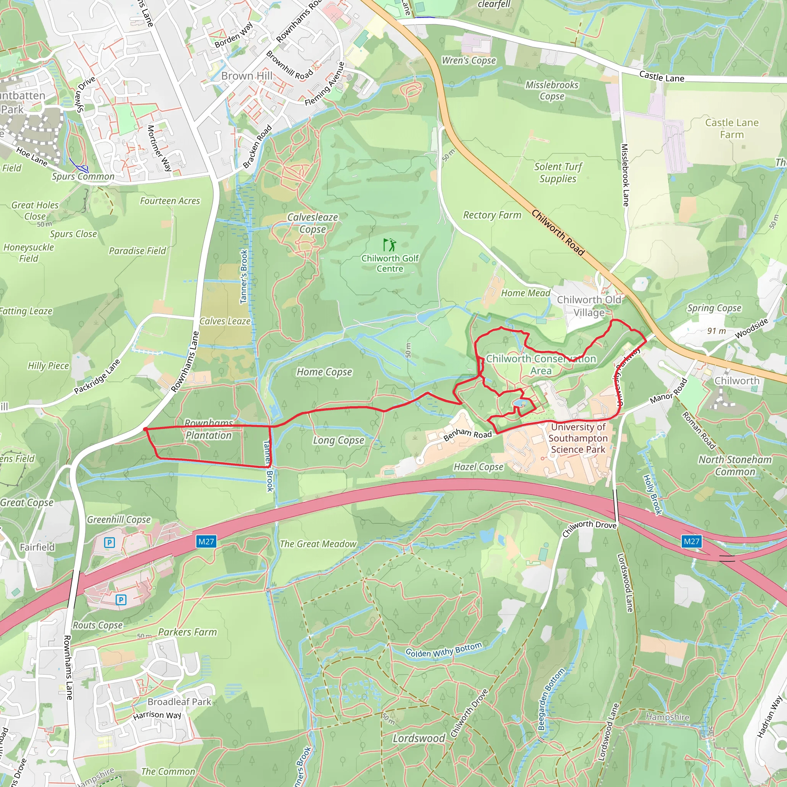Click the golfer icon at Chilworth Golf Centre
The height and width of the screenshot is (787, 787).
389,245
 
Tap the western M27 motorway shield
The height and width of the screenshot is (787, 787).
206,541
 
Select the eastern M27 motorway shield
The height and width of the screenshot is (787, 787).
691,541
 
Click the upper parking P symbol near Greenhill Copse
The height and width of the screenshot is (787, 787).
109,543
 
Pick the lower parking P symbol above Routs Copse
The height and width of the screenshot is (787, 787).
121,599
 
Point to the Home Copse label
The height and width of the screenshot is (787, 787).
324,372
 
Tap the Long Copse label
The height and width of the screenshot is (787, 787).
338,440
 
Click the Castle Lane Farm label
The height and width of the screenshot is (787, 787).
732,128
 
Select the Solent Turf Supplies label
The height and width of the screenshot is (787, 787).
558,173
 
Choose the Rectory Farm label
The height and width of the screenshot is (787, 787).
492,215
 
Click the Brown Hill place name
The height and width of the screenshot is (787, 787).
247,76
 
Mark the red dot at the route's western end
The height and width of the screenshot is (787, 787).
145,429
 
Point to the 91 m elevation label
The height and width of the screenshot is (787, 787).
717,331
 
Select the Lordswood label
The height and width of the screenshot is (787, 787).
419,738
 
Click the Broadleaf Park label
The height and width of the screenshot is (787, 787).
179,701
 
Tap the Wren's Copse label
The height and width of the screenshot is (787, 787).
469,61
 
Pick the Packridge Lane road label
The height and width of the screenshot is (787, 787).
97,377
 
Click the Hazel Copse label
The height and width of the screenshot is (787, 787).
479,467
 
